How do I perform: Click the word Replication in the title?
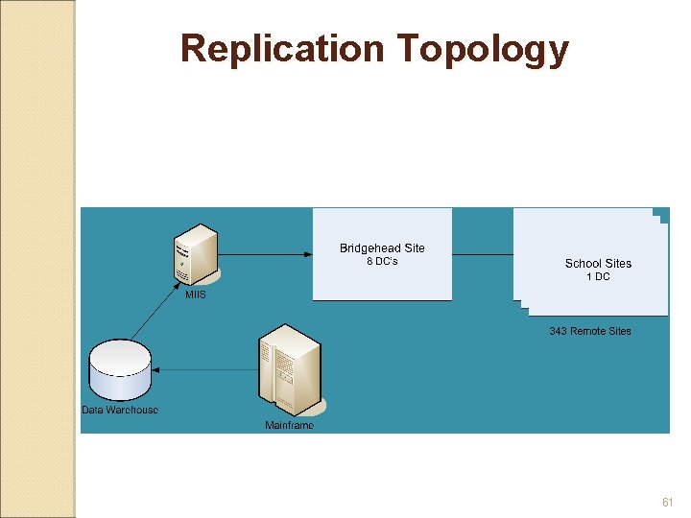(x=282, y=49)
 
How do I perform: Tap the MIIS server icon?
(x=196, y=253)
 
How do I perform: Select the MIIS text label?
(x=195, y=295)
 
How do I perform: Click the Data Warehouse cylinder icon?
(x=119, y=370)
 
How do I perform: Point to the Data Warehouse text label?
(x=119, y=411)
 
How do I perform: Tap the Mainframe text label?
(x=289, y=425)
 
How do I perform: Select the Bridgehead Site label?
(x=382, y=248)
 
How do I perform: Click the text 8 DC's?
(x=382, y=262)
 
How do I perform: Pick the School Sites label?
(x=598, y=263)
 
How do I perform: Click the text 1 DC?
(x=598, y=277)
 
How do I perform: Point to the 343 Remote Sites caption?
(x=590, y=331)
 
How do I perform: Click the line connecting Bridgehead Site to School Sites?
(x=482, y=254)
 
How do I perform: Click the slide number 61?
(x=668, y=503)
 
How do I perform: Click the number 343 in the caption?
(x=559, y=331)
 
